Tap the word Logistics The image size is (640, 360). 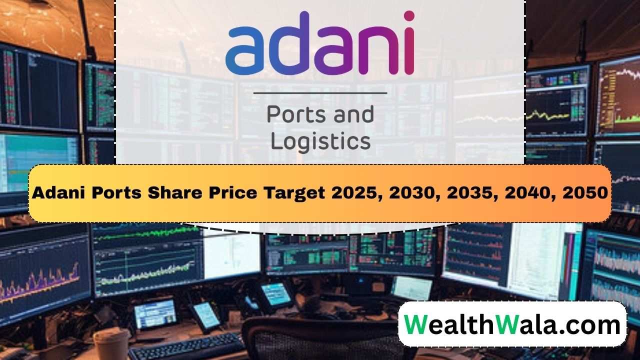coord(320,141)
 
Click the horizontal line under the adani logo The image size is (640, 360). coord(320,93)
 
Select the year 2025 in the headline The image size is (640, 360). coord(353,193)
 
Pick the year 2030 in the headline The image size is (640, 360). coord(418,193)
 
